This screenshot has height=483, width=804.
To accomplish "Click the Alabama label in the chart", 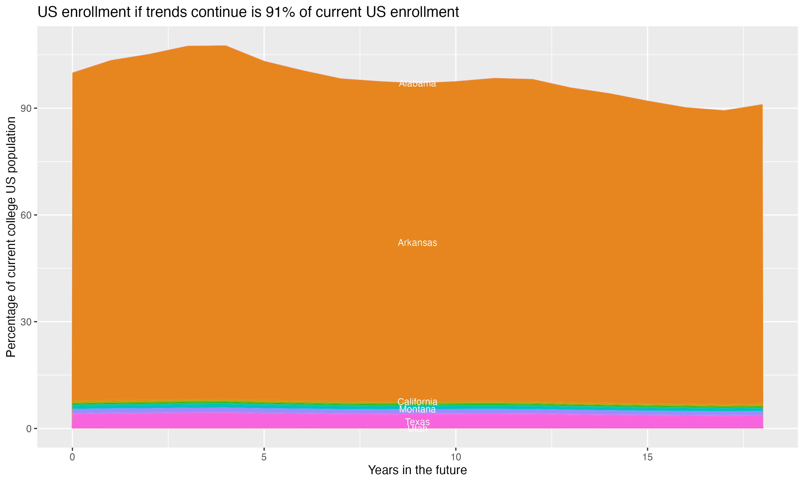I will pos(417,84).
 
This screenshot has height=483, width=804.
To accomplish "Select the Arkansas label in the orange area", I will pos(417,243).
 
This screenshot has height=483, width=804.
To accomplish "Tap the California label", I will pos(417,402).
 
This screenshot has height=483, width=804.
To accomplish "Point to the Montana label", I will pos(417,409).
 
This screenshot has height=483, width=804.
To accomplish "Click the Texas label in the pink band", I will pos(417,422).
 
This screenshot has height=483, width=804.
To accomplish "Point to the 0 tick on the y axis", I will pos(29,429).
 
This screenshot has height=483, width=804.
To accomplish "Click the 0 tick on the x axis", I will pos(72,457).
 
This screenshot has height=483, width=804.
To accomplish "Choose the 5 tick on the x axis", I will pos(264,457).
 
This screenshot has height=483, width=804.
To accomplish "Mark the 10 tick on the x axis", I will pos(456,457).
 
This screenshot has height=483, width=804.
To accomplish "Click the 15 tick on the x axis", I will pos(647,457).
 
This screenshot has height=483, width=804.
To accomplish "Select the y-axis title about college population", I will pos(11,237).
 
